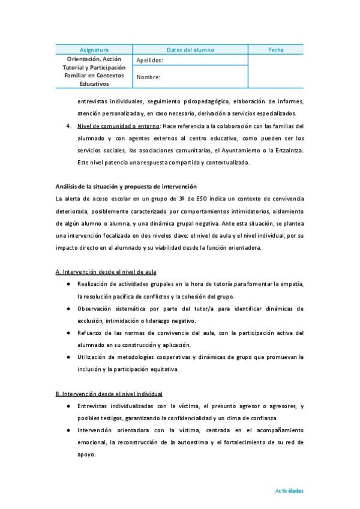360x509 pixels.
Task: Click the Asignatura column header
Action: point(94,50)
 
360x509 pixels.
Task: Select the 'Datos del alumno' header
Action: point(190,50)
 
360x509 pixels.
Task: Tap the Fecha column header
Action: point(276,50)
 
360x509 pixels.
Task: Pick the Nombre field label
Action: point(148,77)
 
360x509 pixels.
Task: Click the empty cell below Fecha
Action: point(276,71)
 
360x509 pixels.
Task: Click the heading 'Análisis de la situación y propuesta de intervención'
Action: point(125,187)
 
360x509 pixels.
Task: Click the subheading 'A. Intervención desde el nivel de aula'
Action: point(106,272)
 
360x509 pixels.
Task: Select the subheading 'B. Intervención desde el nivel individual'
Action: point(109,394)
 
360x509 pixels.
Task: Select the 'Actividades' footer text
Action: point(289,490)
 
